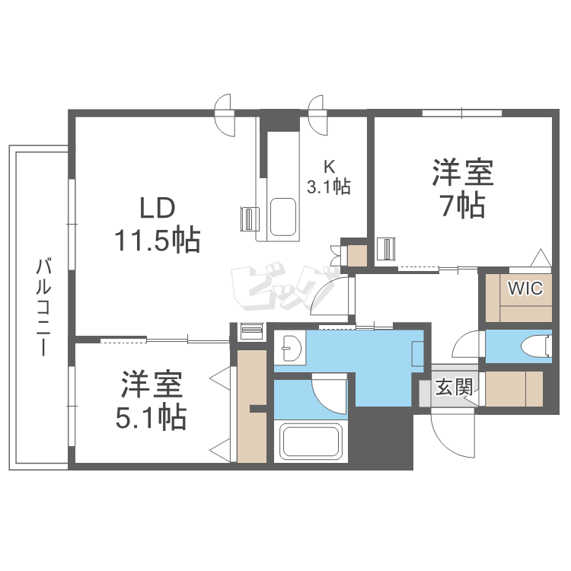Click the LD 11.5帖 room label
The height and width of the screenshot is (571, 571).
coord(158,225)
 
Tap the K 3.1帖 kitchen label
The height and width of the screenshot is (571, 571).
coord(329,177)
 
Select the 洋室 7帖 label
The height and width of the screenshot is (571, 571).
coord(463,188)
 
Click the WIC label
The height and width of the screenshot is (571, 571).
coord(525,289)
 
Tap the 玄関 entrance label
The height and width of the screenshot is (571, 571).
coord(455,388)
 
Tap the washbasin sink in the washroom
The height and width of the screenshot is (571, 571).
coord(289,349)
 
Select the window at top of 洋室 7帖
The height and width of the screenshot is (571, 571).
coord(462,113)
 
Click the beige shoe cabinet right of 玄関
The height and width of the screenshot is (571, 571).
coord(514,388)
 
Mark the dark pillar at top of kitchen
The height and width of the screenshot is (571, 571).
coord(279,120)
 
